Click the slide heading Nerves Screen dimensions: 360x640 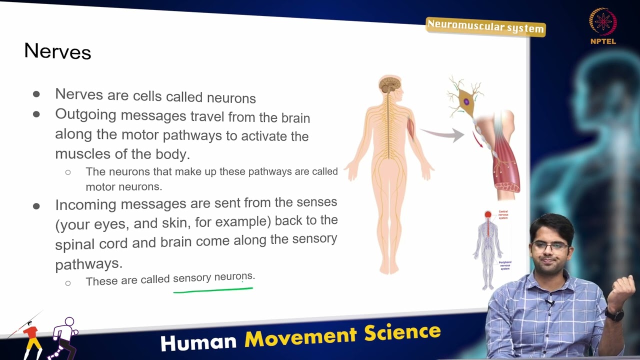[57, 51]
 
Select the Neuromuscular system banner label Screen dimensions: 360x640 [485, 26]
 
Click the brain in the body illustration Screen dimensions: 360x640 [389, 85]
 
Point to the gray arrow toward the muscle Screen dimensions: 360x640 [442, 134]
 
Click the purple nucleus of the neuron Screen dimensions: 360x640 [466, 101]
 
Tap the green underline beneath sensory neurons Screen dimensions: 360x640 [213, 289]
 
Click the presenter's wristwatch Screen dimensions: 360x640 [614, 314]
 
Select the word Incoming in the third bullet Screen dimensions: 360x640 [85, 204]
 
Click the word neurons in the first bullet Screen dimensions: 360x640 [231, 97]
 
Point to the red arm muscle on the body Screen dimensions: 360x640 [411, 129]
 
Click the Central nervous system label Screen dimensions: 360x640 [503, 214]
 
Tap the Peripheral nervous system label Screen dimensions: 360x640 [505, 265]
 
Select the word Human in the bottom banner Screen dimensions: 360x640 [198, 342]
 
